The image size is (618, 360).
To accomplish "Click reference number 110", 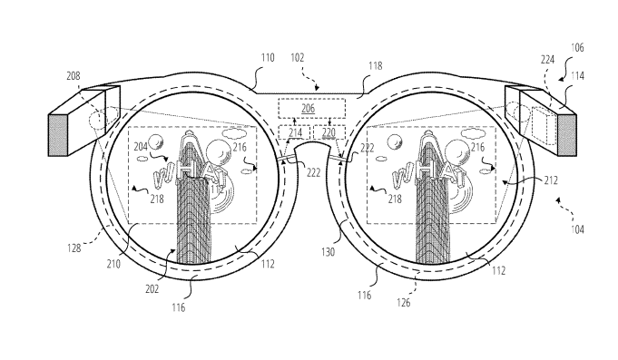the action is (x=268, y=58).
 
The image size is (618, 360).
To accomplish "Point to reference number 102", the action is (x=298, y=58).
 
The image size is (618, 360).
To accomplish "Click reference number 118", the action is (x=375, y=66).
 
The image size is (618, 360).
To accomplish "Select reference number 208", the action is (x=74, y=75).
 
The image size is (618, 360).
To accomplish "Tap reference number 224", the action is (x=547, y=60).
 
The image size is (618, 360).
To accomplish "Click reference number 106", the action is (x=577, y=48).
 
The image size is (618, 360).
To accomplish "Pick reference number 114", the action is (x=577, y=75).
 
